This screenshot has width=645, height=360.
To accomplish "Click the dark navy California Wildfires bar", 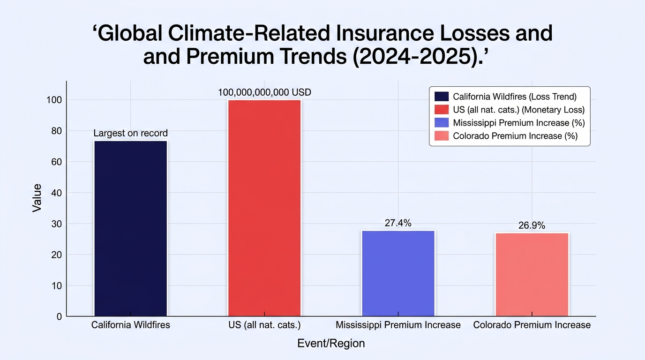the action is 131,228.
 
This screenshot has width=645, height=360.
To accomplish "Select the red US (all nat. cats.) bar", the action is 264,208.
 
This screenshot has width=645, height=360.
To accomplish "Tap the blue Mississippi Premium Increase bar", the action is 398,273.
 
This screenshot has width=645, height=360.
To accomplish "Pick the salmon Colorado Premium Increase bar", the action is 532,275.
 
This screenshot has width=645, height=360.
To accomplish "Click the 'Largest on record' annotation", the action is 130,133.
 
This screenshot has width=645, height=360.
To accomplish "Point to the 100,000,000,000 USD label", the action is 264,92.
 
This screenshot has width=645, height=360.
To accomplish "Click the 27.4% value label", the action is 398,223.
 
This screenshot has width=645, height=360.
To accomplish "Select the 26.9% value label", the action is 532,225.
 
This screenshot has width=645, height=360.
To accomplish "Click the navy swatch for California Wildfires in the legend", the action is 442,97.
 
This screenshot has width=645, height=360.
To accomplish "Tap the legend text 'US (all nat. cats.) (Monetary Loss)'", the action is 518,110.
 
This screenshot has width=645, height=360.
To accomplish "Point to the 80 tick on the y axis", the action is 56,131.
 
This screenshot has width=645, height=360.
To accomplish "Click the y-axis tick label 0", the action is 60,317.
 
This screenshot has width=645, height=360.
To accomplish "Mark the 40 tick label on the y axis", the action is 56,193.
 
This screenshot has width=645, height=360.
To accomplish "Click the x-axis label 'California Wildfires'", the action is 131,325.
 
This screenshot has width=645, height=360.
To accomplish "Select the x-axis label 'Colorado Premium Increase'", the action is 532,325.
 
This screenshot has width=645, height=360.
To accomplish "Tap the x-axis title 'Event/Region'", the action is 331,343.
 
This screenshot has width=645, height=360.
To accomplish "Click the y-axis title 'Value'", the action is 37,198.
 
